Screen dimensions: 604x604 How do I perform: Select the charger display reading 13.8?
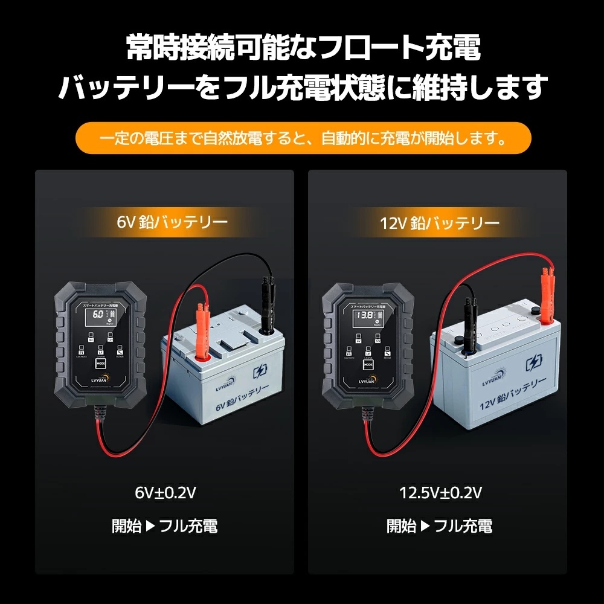tap(364, 316)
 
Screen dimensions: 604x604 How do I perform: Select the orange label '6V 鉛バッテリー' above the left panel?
tap(172, 222)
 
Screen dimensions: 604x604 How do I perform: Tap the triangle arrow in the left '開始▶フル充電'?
tap(151, 525)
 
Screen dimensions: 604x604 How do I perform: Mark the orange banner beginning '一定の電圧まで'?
tap(303, 138)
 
